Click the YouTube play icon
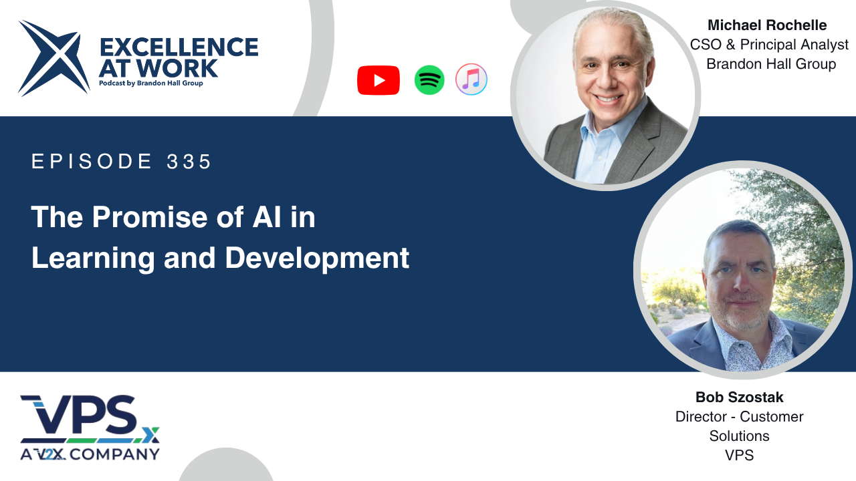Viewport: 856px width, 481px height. point(379,80)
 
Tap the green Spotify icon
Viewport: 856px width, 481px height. point(429,80)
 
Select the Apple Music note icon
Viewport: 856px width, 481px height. point(471,79)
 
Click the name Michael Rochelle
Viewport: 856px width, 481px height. point(767,25)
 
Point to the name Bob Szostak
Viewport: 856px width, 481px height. point(740,397)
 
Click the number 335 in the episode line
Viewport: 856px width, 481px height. point(189,161)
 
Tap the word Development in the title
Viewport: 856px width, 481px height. point(317,259)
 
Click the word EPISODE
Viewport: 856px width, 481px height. point(92,161)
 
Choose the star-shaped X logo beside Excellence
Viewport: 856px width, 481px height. point(53,58)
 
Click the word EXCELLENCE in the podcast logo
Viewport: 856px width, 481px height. point(179,47)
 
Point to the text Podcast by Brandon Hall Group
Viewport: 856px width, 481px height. point(151,84)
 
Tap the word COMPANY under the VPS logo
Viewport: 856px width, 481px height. point(114,454)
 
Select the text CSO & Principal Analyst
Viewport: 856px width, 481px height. point(769,45)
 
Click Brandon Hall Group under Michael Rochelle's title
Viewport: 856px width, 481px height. point(771,64)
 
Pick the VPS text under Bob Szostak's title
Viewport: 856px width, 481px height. point(739,456)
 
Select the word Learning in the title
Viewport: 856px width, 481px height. point(93,259)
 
